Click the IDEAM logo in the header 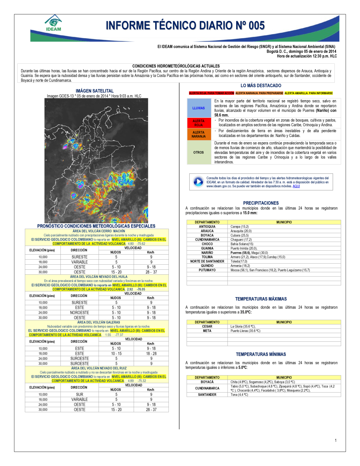pos(53,23)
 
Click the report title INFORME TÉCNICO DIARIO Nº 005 pos(185,26)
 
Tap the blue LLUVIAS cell pos(198,108)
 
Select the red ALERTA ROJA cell pos(198,123)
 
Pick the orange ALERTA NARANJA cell pos(198,134)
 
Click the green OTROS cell pos(198,152)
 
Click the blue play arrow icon pos(198,182)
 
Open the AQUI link pos(296,186)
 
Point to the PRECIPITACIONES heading pos(261,203)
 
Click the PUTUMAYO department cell pos(207,270)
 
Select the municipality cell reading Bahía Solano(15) pos(242,244)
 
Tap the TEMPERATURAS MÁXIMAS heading pos(261,299)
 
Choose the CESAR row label pos(207,327)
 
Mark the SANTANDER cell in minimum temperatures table pos(207,395)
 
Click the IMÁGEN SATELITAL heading pos(94,91)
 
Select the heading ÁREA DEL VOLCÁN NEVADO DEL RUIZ pos(99,368)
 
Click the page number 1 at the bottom pos(336,440)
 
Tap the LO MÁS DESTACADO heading pos(261,86)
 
